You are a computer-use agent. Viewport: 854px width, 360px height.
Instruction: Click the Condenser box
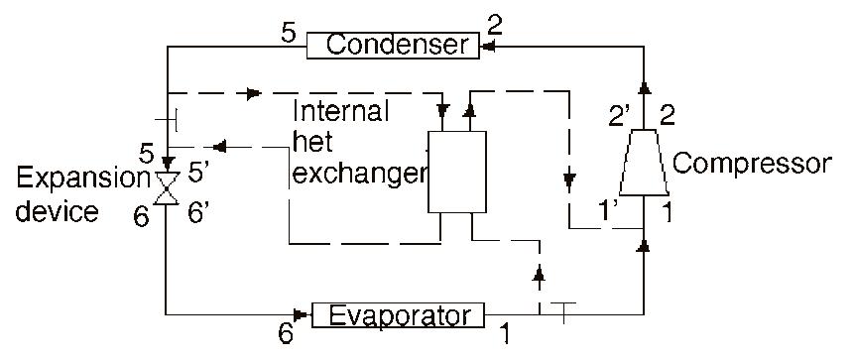(x=394, y=45)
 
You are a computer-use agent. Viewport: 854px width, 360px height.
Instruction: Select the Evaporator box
(x=399, y=315)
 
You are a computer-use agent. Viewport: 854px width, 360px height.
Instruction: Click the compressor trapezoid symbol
(x=644, y=162)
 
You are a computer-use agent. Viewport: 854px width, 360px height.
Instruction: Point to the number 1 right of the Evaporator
(x=505, y=335)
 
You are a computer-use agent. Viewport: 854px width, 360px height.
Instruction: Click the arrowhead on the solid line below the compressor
(x=644, y=243)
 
